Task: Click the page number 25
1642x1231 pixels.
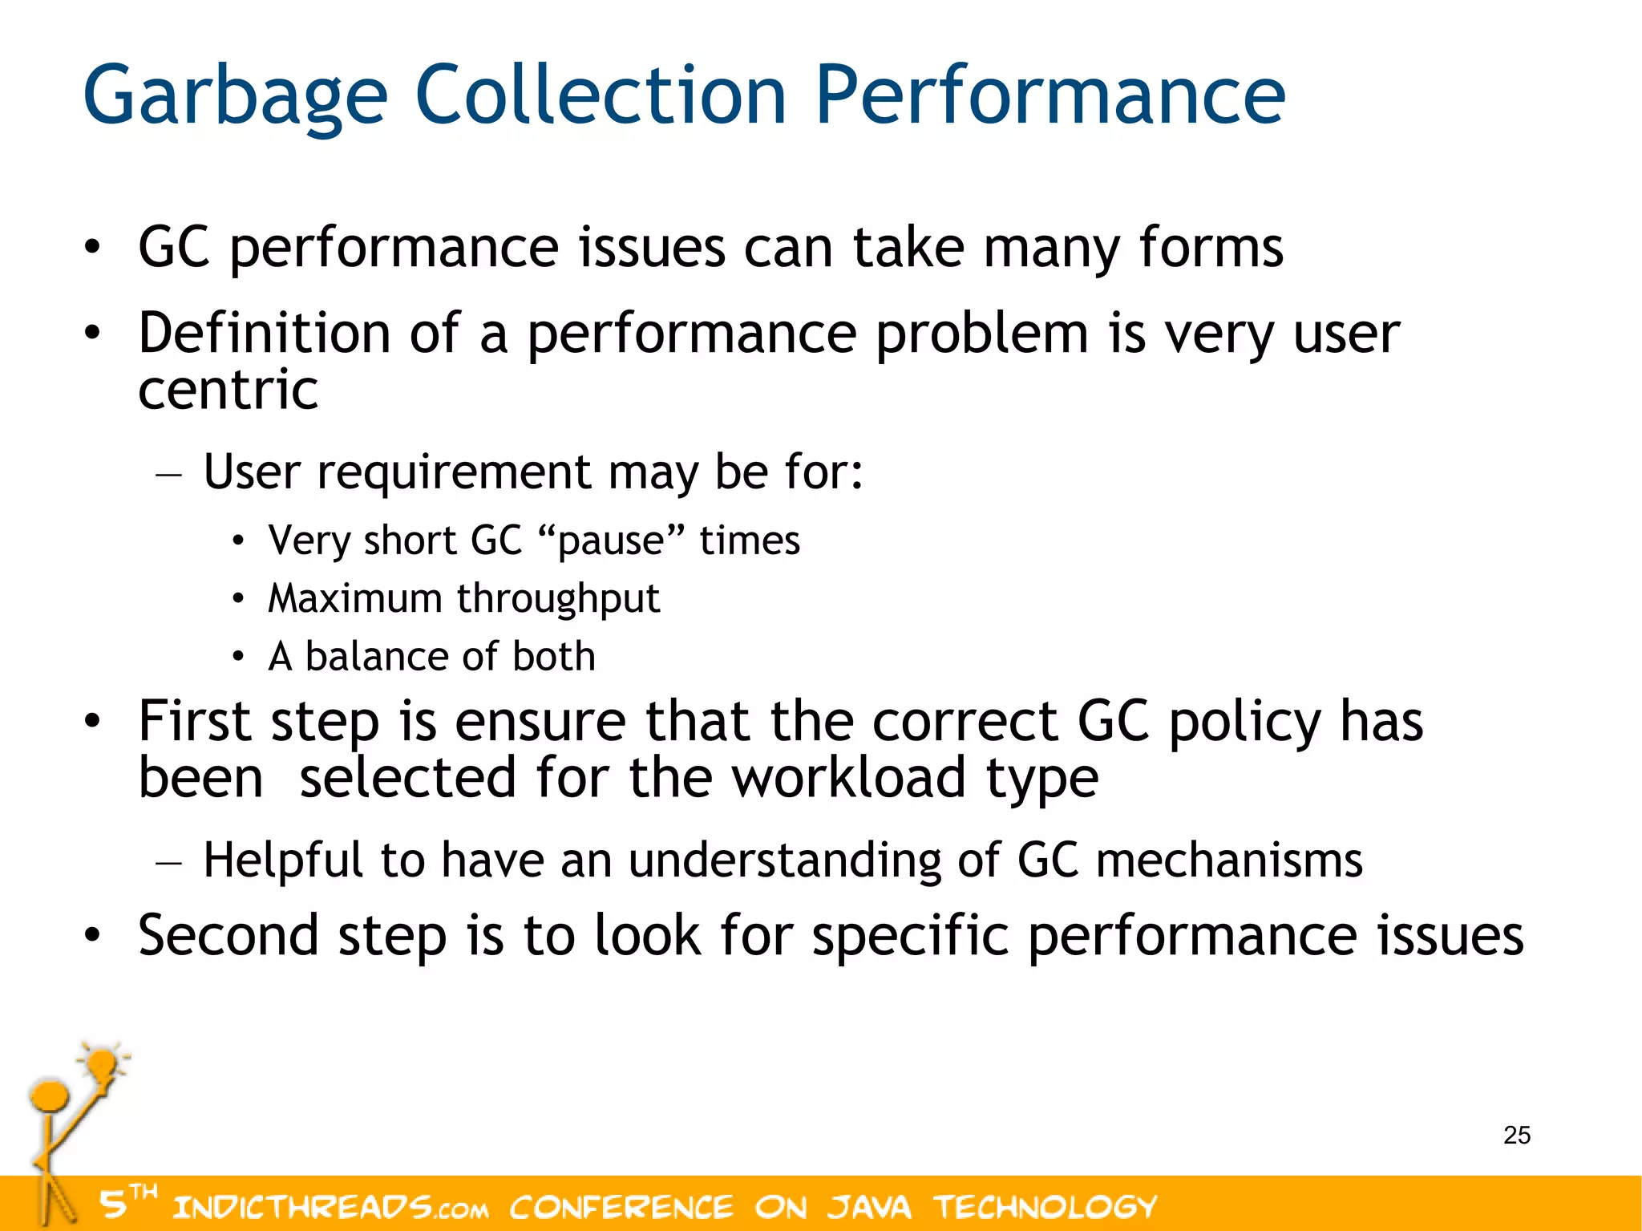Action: coord(1516,1135)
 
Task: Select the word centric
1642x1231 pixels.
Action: coord(229,391)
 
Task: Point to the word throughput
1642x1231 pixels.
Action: coord(558,599)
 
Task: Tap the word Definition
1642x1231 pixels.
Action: coord(265,333)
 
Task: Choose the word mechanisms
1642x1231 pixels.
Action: coord(1228,860)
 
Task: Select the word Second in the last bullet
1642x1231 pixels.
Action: coord(229,936)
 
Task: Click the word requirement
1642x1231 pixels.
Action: coord(454,472)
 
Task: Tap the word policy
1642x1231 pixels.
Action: coord(1244,721)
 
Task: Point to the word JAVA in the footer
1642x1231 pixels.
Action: coord(869,1207)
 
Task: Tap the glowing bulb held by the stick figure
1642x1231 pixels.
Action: coord(103,1065)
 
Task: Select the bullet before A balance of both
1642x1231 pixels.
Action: coord(238,657)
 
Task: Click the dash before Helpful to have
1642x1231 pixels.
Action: coord(169,863)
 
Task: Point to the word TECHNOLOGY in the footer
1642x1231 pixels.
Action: coord(1045,1207)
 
